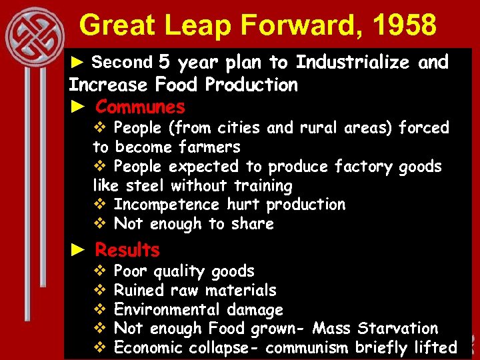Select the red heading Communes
[140, 107]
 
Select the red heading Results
[127, 250]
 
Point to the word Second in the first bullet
[122, 63]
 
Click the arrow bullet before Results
[79, 250]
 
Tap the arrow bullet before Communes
[79, 107]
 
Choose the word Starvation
[398, 329]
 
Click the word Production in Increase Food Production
[251, 85]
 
